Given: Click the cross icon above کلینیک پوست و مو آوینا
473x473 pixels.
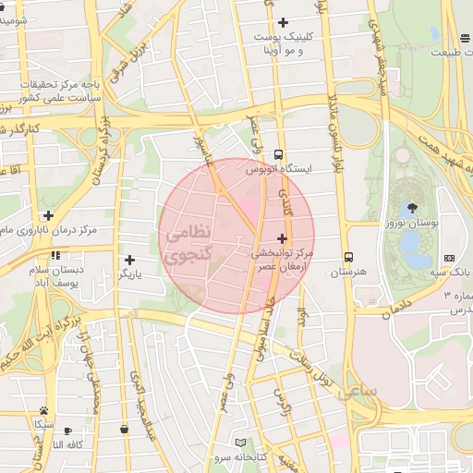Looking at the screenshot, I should [x=283, y=22].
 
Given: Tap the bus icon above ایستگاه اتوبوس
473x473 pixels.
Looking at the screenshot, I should [x=280, y=155].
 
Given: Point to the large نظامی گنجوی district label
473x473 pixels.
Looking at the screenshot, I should [x=191, y=242].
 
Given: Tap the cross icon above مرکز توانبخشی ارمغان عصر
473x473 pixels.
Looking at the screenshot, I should [x=282, y=238].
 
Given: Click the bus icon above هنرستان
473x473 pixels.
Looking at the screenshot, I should [x=348, y=258].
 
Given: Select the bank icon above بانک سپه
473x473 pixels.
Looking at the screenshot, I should [x=449, y=257].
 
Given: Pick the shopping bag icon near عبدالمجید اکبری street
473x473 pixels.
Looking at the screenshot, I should [x=123, y=429].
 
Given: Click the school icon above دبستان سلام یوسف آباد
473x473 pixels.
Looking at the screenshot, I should [x=56, y=255].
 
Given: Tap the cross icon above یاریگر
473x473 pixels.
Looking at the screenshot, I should [x=128, y=261].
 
